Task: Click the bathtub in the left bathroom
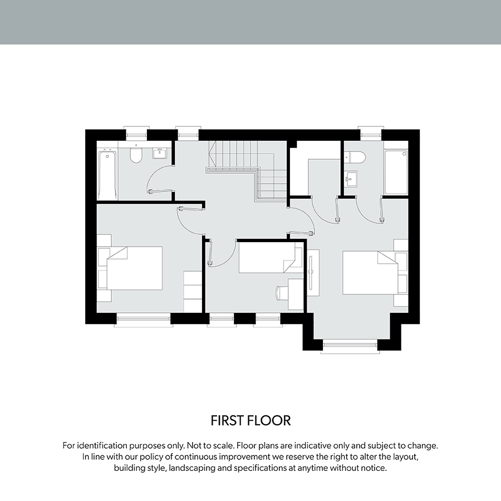[x=107, y=174]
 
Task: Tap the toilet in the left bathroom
[x=136, y=155]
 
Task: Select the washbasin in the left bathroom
[x=159, y=154]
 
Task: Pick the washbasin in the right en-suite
[x=351, y=179]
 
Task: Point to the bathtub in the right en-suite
[x=396, y=173]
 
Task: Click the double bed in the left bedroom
[x=135, y=268]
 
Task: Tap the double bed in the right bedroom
[x=370, y=273]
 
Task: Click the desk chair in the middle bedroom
[x=282, y=293]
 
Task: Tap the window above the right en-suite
[x=370, y=134]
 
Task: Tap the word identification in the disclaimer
[x=102, y=445]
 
